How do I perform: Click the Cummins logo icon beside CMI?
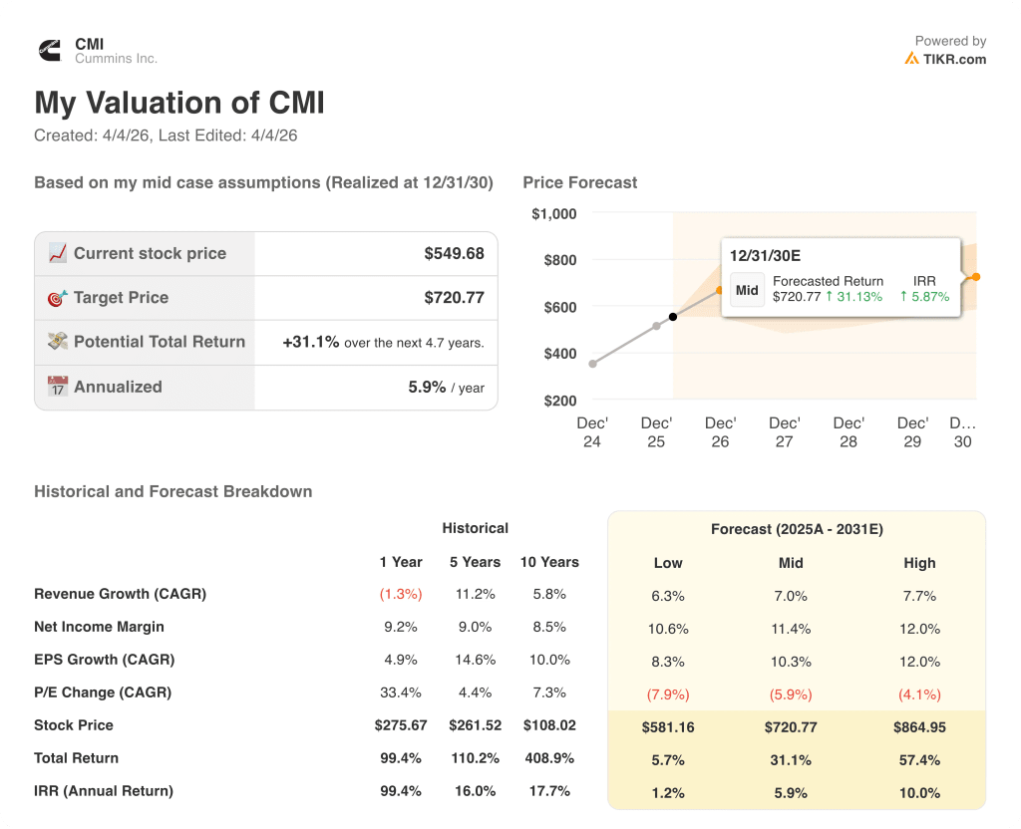[49, 50]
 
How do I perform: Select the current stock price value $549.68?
[454, 253]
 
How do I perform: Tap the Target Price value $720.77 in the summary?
[454, 297]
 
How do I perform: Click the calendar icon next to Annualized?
[58, 387]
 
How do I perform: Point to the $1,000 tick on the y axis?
[553, 213]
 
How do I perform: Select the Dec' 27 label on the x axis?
[784, 432]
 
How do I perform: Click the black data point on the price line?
[673, 317]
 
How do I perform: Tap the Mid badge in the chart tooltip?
[747, 290]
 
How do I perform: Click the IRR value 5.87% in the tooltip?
[929, 297]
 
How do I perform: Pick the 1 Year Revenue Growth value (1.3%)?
[400, 594]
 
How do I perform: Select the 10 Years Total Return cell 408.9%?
[549, 758]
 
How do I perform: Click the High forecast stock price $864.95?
[919, 727]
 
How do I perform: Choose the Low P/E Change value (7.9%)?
[667, 694]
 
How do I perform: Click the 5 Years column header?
[475, 562]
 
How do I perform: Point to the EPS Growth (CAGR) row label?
[104, 660]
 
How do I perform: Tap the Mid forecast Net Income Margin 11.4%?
[791, 629]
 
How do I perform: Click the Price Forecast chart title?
[579, 182]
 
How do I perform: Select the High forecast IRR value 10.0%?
[919, 793]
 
